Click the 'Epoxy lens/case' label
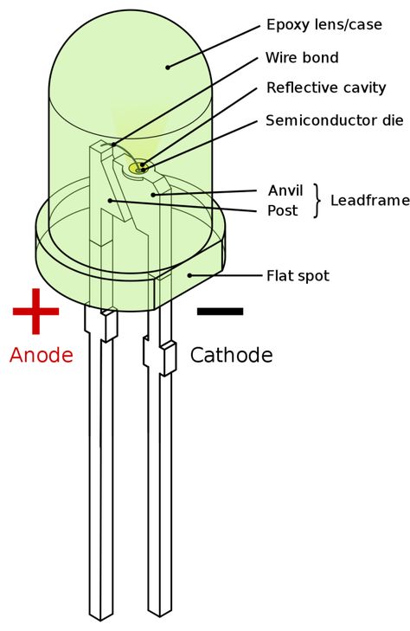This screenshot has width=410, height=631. [x=324, y=25]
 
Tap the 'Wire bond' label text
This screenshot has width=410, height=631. [x=302, y=57]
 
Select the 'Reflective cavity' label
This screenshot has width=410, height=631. [x=326, y=87]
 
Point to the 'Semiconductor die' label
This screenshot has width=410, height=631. [x=335, y=120]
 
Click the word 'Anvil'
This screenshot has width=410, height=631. [x=285, y=190]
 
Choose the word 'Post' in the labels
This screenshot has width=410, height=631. [x=283, y=210]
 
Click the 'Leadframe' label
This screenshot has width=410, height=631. [x=370, y=201]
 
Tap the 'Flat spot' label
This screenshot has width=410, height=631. [x=298, y=276]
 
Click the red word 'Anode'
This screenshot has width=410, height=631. [x=42, y=355]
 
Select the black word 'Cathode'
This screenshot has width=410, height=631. [x=231, y=355]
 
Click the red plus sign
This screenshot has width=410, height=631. [x=36, y=311]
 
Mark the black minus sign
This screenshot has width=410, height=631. [x=221, y=311]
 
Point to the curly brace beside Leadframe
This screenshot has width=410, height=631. [x=318, y=201]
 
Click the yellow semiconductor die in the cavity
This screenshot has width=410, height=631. [x=138, y=167]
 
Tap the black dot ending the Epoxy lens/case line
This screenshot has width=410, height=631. [x=168, y=68]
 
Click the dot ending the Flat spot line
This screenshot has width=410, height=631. [x=189, y=275]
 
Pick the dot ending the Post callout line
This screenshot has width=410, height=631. [x=110, y=201]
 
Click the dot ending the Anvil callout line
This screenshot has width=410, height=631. [x=153, y=195]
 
